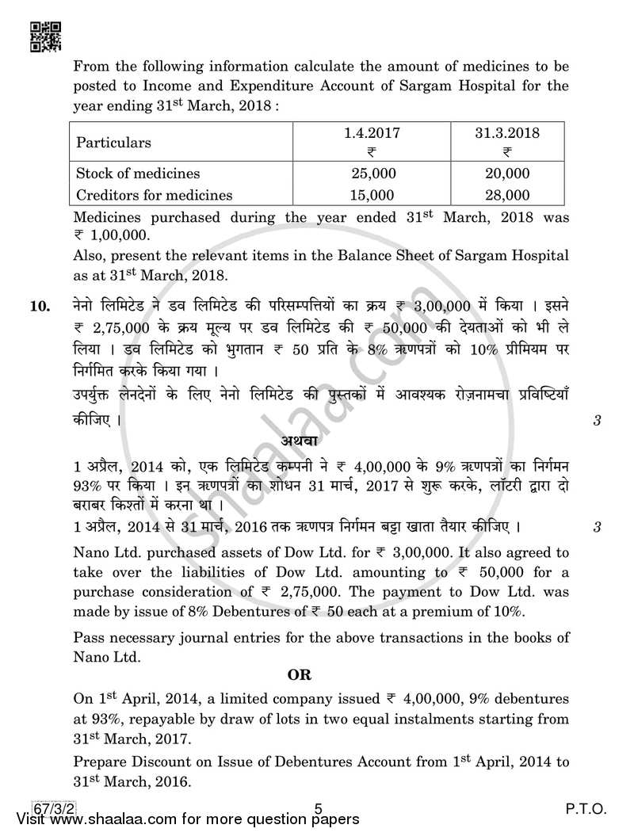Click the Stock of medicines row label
pos(138,174)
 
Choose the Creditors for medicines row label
pos(154,194)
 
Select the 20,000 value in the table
pos(507,174)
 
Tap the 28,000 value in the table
pos(507,194)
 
